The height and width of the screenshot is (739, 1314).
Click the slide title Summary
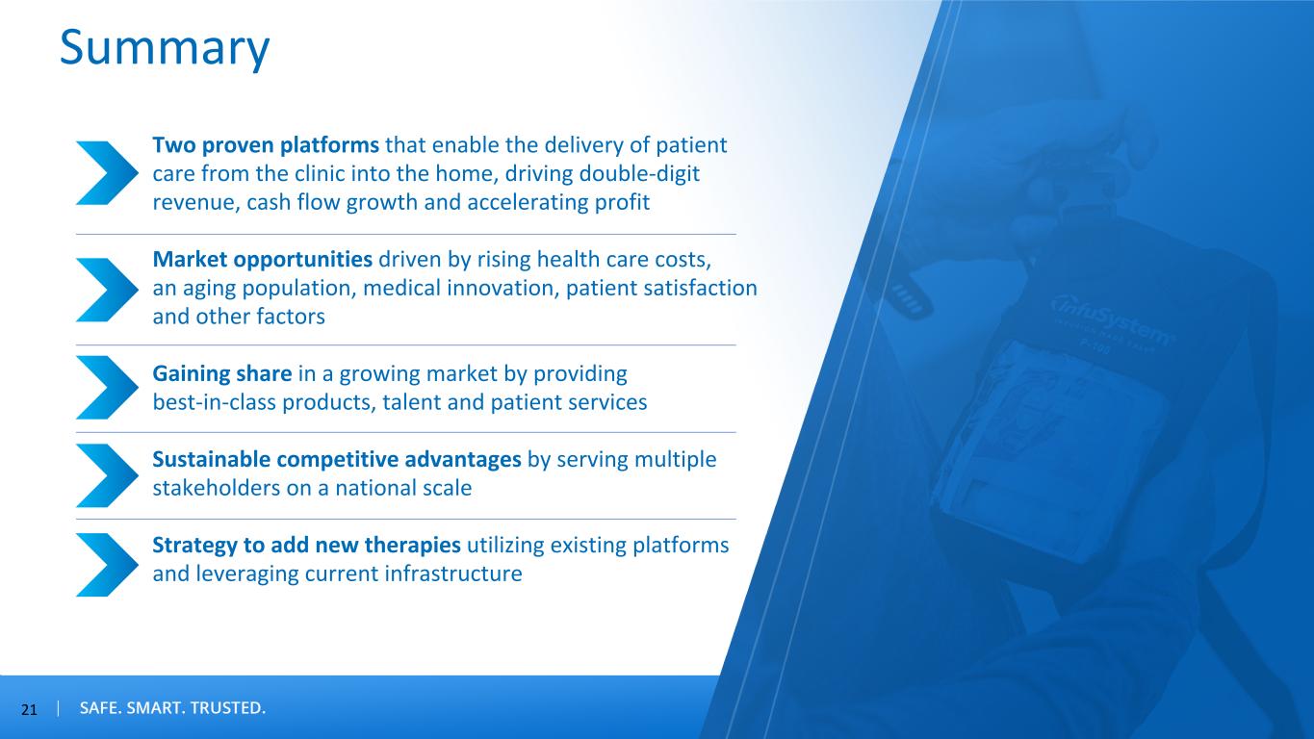(165, 48)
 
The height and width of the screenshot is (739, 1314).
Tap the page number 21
(29, 710)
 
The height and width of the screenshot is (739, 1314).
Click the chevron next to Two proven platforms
(107, 173)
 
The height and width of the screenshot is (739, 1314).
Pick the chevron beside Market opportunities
(107, 290)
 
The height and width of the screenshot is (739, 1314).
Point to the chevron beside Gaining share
(107, 387)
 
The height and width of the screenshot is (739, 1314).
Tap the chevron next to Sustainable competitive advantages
(107, 475)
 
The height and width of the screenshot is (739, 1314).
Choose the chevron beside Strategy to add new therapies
(107, 564)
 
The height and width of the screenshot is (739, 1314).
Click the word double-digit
(639, 174)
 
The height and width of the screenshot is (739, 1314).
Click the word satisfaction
(701, 288)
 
